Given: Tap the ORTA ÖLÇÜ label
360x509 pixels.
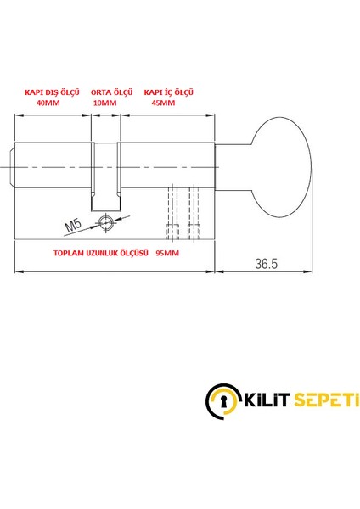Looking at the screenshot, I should point(107,90).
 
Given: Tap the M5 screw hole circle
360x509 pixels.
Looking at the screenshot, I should point(105,222).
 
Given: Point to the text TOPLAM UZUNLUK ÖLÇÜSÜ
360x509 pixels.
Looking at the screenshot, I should point(101,253).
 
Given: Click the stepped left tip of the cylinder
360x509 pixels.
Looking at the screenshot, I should point(13,168).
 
